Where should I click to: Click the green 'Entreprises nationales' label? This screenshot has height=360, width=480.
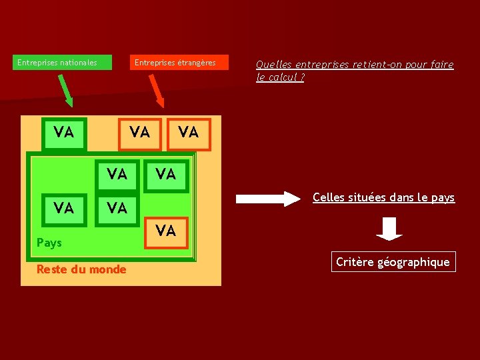pos(57,63)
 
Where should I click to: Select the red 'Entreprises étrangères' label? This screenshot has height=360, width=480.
pos(175,63)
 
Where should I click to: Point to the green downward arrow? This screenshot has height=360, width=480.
pos(65,91)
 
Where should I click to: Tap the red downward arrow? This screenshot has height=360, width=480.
pos(157,91)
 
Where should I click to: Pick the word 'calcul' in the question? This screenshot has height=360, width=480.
pos(283,77)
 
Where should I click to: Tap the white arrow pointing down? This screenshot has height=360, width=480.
pos(389,228)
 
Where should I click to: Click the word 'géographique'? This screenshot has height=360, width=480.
pos(414,262)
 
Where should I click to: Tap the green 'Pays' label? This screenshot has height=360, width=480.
pos(49,243)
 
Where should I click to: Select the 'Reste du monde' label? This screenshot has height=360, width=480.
pos(81,269)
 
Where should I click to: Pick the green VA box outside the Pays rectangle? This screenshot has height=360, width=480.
pos(63,133)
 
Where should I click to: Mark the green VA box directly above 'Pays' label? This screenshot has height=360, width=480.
pos(63,208)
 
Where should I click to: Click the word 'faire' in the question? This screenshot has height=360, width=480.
pos(441,65)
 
